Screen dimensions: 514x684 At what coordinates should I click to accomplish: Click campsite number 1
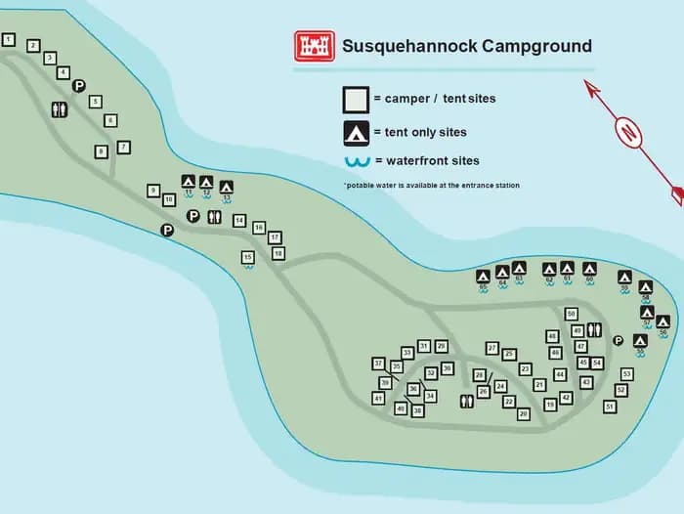coord(9,40)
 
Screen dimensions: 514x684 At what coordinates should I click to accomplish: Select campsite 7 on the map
coord(123,148)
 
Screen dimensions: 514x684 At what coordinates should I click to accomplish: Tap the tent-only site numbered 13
coord(227,187)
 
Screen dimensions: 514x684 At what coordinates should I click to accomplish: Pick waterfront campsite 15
coord(248,257)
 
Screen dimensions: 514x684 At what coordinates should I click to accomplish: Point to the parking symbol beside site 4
coord(79,86)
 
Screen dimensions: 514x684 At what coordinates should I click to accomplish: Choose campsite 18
coord(278,253)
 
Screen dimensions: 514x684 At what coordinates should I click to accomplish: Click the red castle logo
coord(315,46)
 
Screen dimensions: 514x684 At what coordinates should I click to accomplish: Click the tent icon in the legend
coord(355,132)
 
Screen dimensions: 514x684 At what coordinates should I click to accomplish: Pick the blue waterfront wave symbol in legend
coord(356,161)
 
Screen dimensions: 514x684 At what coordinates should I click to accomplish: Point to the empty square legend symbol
coord(355,100)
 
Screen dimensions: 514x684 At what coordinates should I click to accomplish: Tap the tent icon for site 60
coord(589,268)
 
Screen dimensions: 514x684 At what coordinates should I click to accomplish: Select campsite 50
coord(572,314)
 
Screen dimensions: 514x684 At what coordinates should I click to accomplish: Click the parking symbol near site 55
coord(618,340)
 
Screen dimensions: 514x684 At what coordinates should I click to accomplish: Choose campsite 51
coord(610,406)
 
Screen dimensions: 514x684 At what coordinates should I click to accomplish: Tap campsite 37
coord(378,364)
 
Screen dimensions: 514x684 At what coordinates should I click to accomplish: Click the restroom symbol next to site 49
coord(594,330)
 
